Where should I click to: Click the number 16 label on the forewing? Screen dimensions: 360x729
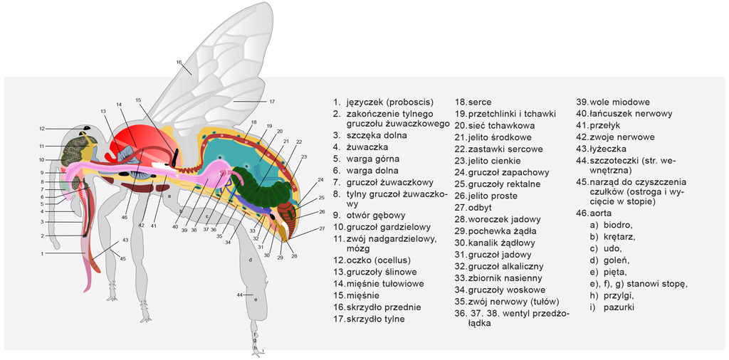point(179,62)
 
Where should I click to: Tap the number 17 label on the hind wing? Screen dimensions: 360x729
point(272,101)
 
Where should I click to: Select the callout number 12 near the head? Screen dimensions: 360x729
point(42,129)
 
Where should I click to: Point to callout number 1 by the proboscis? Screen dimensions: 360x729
point(42,253)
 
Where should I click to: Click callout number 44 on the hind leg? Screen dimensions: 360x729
point(241,294)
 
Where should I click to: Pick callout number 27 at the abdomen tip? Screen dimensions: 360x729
point(322,228)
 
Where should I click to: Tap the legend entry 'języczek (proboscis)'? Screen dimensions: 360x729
point(381,102)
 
